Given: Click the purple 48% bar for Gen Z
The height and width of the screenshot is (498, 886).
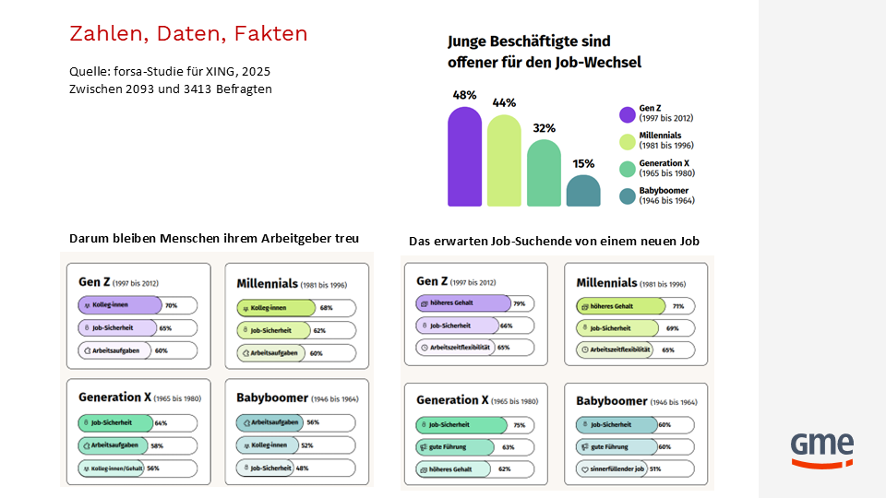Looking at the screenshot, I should tap(465, 157).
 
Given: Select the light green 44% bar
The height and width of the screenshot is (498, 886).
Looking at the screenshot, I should tap(504, 160).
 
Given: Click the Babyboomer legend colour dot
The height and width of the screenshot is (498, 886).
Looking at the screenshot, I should tap(628, 196).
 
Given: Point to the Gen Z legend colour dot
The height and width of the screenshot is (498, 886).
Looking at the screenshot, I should tap(628, 113).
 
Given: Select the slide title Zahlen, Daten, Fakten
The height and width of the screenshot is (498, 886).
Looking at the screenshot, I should tap(188, 34).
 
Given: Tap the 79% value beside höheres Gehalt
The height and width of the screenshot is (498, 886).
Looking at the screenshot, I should tap(519, 303).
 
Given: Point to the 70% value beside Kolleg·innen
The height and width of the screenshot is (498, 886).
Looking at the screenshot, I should tap(171, 305).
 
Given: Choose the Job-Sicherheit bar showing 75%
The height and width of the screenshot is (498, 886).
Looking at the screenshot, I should tap(461, 425).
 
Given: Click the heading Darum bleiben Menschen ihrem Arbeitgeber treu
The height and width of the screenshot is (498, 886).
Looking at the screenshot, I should tap(214, 238).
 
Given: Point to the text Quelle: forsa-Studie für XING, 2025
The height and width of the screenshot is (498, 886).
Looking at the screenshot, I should tap(170, 71).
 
